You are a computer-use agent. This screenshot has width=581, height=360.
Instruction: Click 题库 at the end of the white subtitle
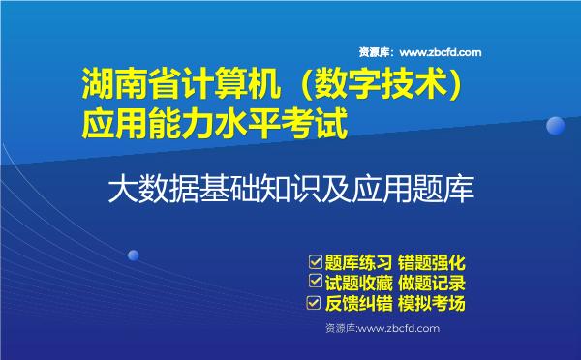446,186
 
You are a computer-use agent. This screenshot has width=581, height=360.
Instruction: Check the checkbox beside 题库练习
314,262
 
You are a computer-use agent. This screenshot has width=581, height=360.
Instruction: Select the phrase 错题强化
433,262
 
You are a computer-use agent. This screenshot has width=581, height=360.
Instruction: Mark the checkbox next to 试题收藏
314,283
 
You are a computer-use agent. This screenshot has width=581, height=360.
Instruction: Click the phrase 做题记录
433,283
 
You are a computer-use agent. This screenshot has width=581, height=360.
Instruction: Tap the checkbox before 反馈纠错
314,304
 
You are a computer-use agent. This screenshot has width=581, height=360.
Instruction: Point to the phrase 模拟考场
433,304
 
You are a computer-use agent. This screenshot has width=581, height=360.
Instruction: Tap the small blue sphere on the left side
134,255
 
